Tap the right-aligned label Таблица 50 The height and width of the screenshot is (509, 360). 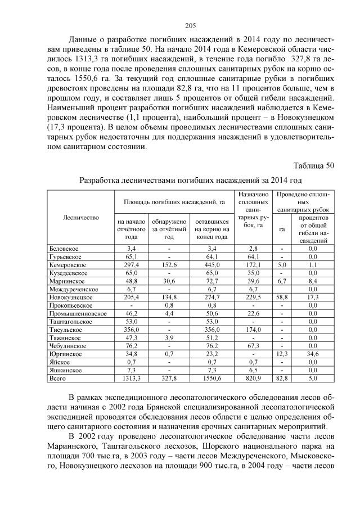pos(314,165)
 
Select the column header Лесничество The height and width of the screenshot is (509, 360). pos(82,217)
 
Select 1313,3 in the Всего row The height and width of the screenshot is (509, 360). pos(131,380)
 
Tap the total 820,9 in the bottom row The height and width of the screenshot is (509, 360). pos(254,380)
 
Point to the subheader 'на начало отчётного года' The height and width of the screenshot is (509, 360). pos(131,229)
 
